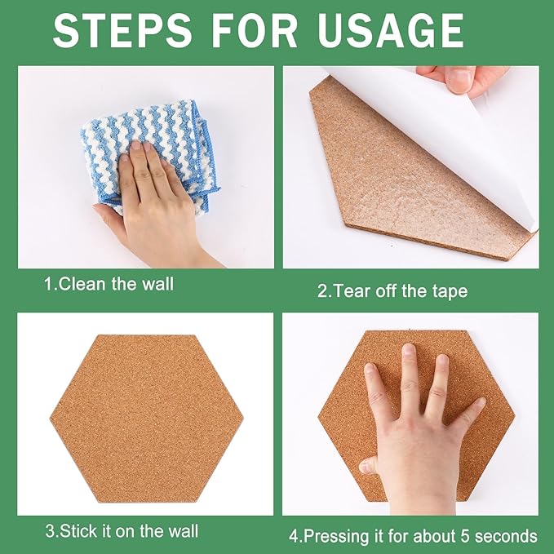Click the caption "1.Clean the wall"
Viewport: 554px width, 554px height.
109,285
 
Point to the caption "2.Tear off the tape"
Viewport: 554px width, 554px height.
392,290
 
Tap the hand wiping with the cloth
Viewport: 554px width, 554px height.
155,200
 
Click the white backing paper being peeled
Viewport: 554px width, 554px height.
457,139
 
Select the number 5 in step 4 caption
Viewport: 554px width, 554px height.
458,536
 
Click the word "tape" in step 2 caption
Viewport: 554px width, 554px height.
450,290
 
